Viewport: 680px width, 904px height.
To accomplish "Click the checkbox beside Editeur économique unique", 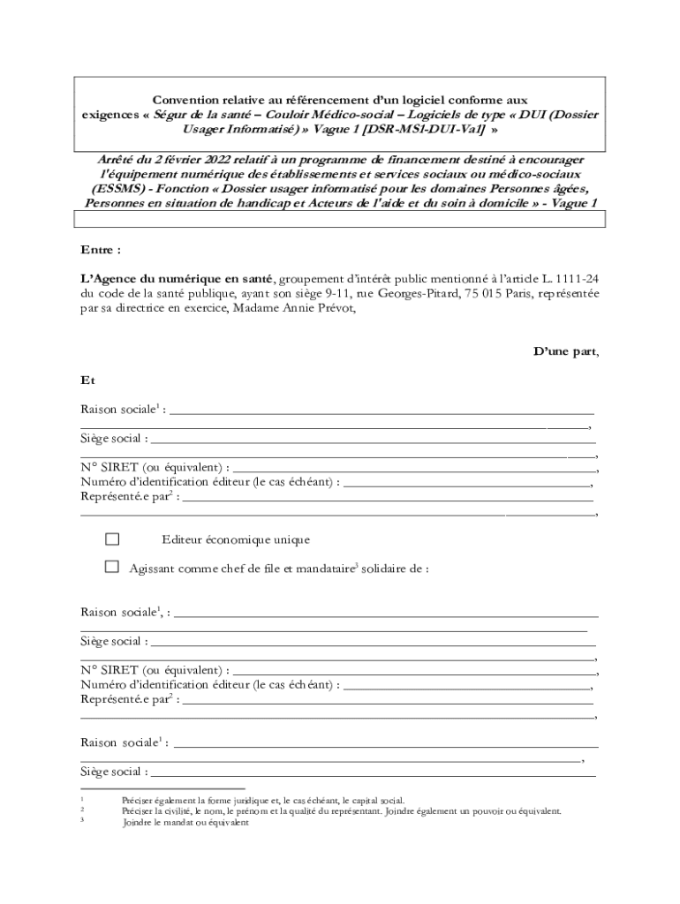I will click(112, 539).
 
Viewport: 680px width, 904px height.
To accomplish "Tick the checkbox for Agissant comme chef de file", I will click(112, 568).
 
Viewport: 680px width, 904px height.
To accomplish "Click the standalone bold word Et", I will click(87, 380).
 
